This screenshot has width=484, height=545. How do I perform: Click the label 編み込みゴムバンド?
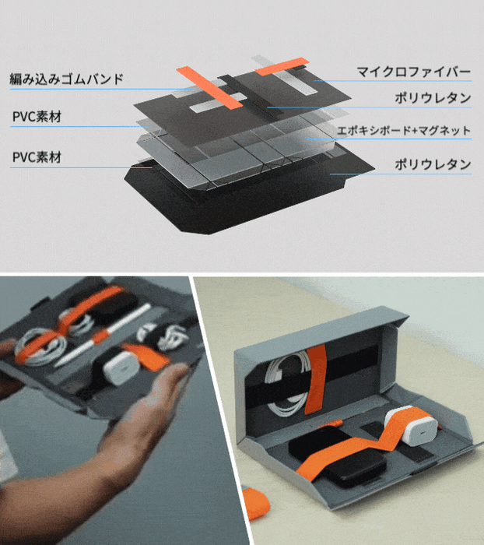click(66, 79)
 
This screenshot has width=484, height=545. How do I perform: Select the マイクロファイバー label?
click(414, 72)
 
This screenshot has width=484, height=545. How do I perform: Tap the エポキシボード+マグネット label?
click(404, 130)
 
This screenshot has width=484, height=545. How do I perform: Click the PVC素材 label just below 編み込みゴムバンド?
click(37, 117)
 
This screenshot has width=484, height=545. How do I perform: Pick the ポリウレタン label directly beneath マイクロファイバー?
click(433, 98)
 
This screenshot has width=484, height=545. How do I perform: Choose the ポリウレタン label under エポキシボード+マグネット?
click(433, 164)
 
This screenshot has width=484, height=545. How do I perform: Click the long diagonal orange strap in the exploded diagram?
click(209, 87)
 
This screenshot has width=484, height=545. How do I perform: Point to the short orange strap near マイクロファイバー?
click(282, 66)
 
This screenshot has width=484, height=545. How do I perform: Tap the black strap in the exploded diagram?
click(245, 93)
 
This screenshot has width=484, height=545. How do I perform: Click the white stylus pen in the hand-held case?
click(103, 335)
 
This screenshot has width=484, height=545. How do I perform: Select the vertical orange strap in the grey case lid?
click(316, 379)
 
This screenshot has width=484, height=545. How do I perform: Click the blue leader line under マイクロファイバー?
click(393, 81)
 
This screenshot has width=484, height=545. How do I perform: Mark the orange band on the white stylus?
click(100, 336)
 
